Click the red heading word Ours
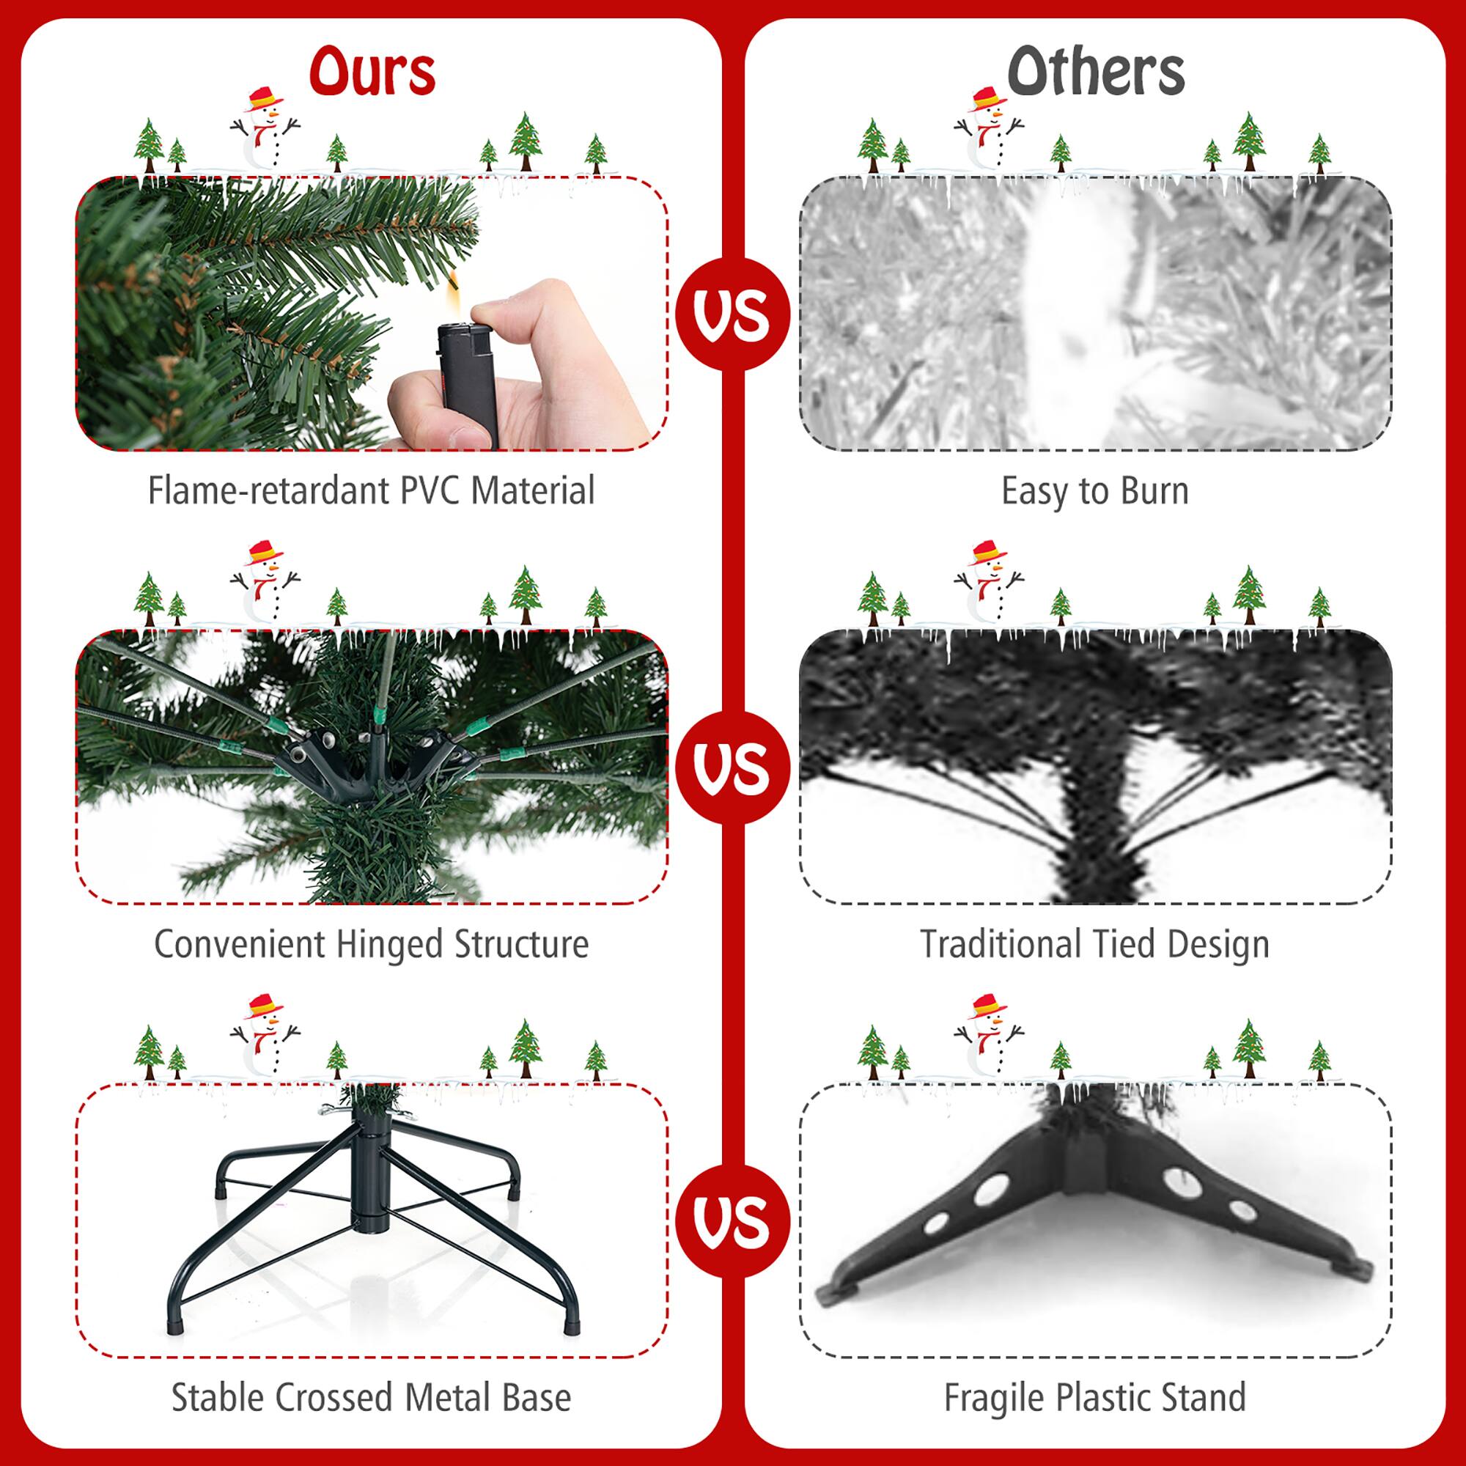(372, 72)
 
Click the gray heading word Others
(1095, 72)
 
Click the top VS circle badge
(732, 314)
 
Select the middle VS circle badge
(732, 768)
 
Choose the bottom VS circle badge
(732, 1221)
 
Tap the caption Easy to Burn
(1094, 490)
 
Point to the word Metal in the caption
(441, 1397)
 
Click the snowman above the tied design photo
(988, 581)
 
